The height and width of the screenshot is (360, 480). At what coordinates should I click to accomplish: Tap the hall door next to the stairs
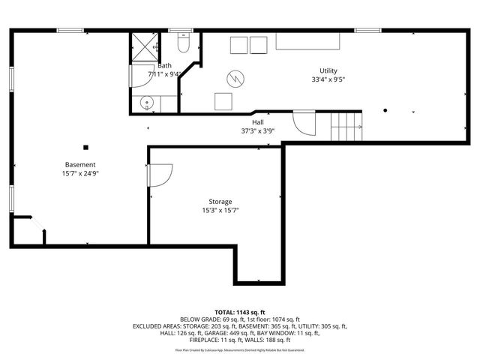(304, 123)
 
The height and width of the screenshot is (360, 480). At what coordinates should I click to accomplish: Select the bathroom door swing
(141, 75)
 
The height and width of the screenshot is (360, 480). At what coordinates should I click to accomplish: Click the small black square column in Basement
(86, 147)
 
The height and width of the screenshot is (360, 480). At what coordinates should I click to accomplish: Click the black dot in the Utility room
(385, 110)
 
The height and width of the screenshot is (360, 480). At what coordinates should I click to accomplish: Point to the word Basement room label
(80, 164)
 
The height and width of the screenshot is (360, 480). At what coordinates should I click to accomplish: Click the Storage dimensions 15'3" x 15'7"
(220, 211)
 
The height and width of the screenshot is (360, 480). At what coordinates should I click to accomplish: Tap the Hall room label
(257, 122)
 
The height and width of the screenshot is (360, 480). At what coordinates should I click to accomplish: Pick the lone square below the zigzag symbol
(223, 100)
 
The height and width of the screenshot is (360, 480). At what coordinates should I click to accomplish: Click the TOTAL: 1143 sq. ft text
(240, 312)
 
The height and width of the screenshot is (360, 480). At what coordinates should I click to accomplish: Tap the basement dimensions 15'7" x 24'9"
(80, 173)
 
